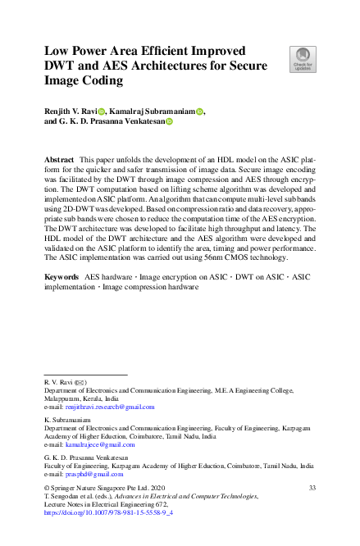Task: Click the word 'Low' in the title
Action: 58,50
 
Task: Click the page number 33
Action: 312,489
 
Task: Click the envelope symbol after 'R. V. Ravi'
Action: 80,383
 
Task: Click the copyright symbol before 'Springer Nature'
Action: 47,489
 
